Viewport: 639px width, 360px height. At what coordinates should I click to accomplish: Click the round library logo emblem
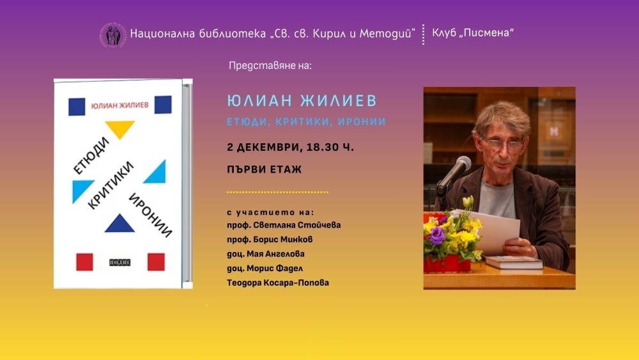[113, 35]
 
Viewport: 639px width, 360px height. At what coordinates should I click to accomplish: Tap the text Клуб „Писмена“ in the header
[473, 33]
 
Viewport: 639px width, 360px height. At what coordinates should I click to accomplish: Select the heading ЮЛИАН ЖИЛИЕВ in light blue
[302, 100]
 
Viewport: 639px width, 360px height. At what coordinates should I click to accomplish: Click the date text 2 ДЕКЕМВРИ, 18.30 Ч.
[290, 147]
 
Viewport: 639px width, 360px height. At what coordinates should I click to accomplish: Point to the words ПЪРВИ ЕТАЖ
[264, 169]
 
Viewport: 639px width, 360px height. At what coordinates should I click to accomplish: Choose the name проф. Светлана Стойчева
[284, 225]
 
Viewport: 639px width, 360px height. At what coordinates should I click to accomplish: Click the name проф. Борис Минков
[270, 239]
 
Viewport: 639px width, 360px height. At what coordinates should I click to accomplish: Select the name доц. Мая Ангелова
[266, 254]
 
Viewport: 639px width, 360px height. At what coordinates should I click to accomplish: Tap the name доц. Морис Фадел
[265, 269]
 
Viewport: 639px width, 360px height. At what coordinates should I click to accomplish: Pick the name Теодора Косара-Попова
[278, 283]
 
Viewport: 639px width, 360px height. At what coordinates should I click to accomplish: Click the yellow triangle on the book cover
[120, 129]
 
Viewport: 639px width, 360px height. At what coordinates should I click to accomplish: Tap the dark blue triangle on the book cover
[119, 223]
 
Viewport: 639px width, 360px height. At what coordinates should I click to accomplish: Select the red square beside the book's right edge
[156, 262]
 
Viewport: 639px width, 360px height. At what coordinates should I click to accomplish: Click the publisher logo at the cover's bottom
[120, 263]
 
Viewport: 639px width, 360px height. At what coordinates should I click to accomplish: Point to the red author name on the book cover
[120, 106]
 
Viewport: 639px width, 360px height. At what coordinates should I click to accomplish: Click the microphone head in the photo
[461, 166]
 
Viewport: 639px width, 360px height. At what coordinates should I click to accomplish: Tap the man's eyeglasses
[504, 144]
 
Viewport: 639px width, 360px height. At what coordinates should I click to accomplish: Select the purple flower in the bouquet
[437, 236]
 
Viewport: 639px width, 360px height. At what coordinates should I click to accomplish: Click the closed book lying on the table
[514, 262]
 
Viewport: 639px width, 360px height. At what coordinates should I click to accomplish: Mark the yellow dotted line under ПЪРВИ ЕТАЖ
[277, 192]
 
